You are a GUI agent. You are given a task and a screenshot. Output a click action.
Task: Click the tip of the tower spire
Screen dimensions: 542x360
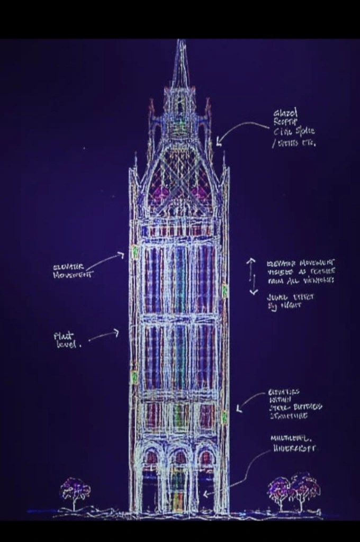(181, 41)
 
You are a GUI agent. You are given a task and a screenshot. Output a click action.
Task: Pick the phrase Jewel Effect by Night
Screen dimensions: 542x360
(290, 302)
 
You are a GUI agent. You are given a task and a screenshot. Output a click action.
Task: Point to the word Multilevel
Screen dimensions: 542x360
(291, 439)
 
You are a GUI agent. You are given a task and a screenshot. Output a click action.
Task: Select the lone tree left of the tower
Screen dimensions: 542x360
(74, 491)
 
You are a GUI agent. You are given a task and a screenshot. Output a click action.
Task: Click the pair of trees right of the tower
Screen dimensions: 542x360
(293, 490)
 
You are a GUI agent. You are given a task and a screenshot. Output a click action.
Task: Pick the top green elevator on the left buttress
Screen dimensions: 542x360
(135, 251)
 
